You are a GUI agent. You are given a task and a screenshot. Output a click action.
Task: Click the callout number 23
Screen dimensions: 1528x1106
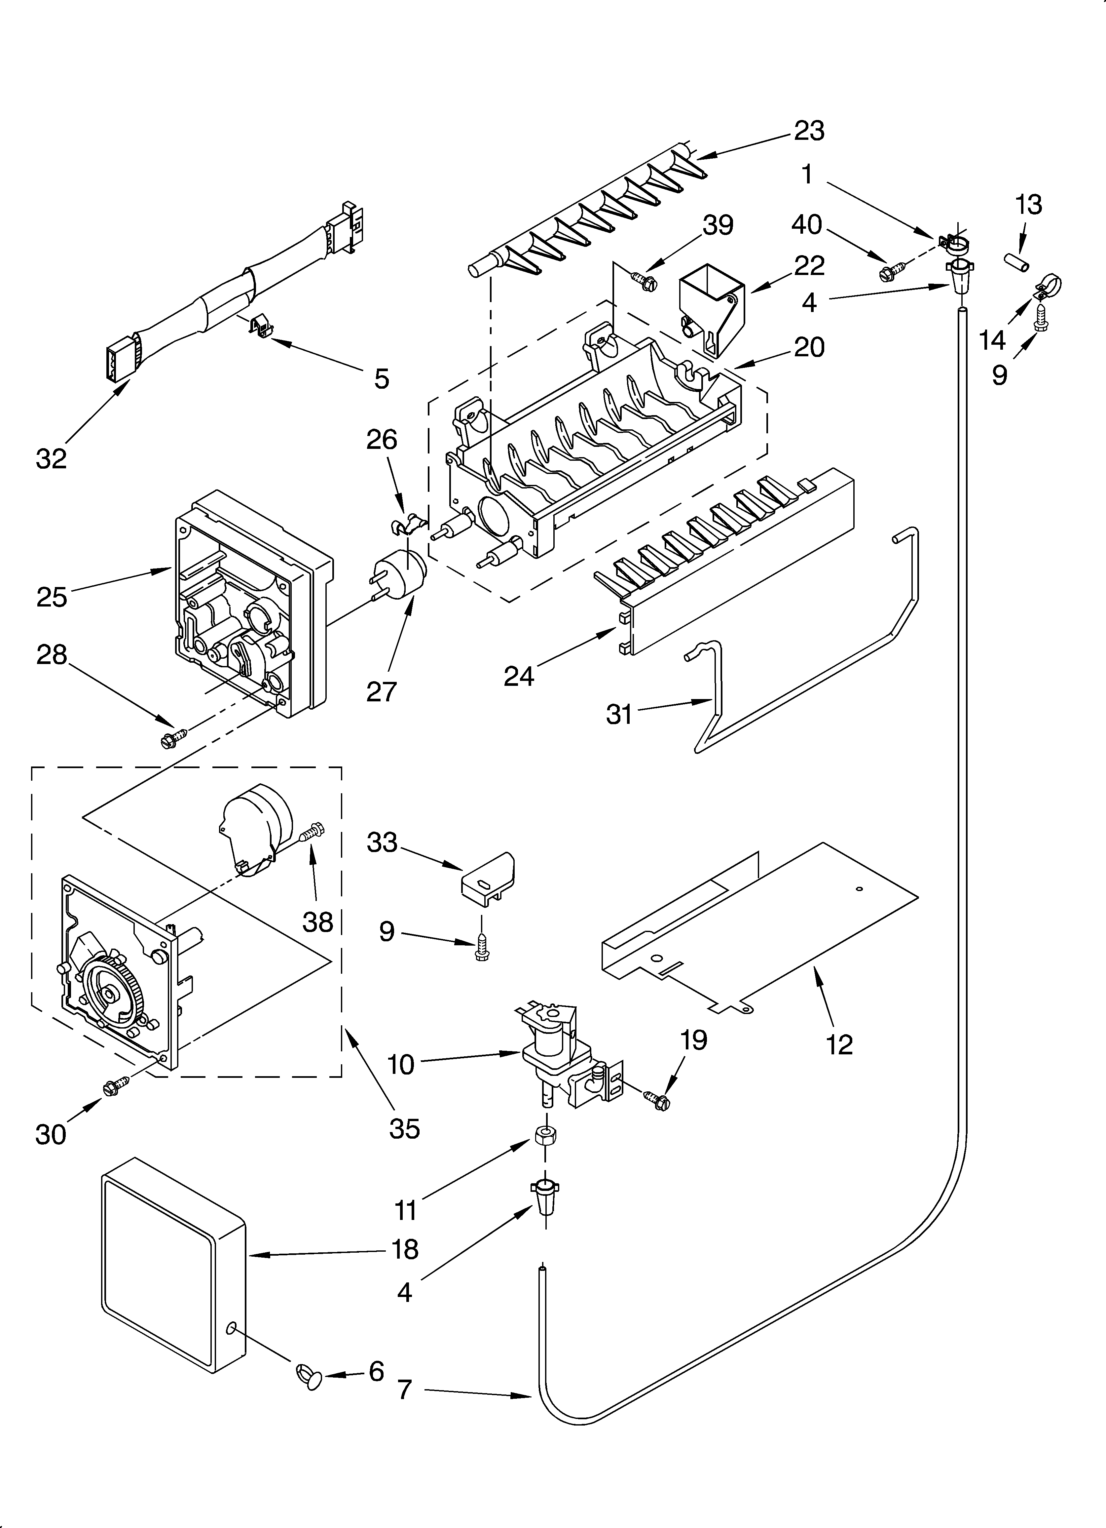[x=809, y=131]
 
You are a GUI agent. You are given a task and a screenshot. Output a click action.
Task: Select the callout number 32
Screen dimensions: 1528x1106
[x=51, y=459]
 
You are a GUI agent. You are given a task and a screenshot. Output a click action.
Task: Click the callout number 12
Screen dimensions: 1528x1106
[x=839, y=1044]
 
